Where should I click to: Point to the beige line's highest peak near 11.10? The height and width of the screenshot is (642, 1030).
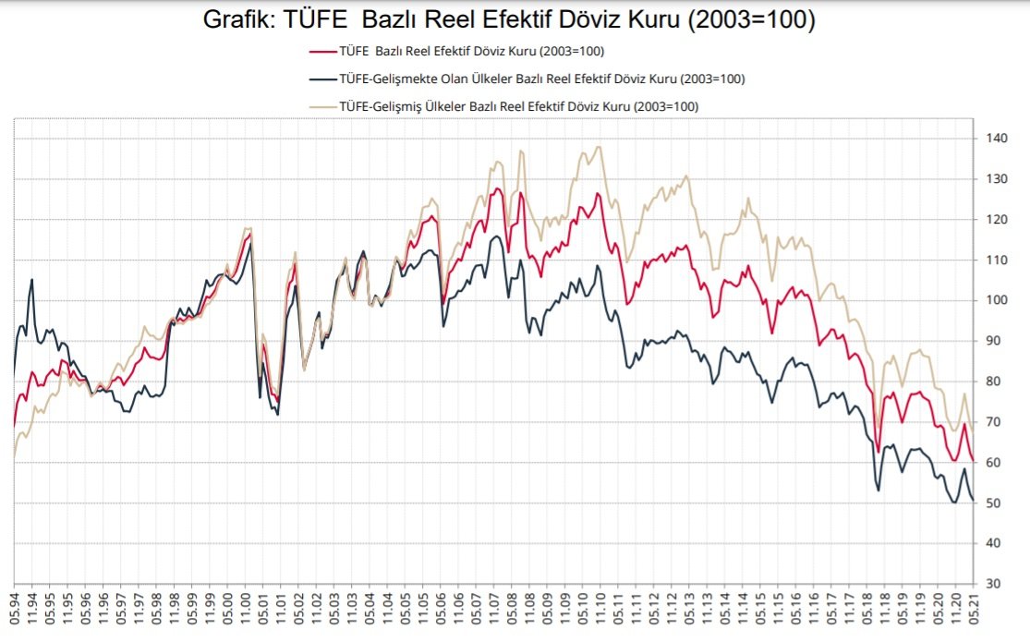point(600,147)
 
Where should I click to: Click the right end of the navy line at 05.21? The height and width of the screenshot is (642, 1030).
point(973,500)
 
